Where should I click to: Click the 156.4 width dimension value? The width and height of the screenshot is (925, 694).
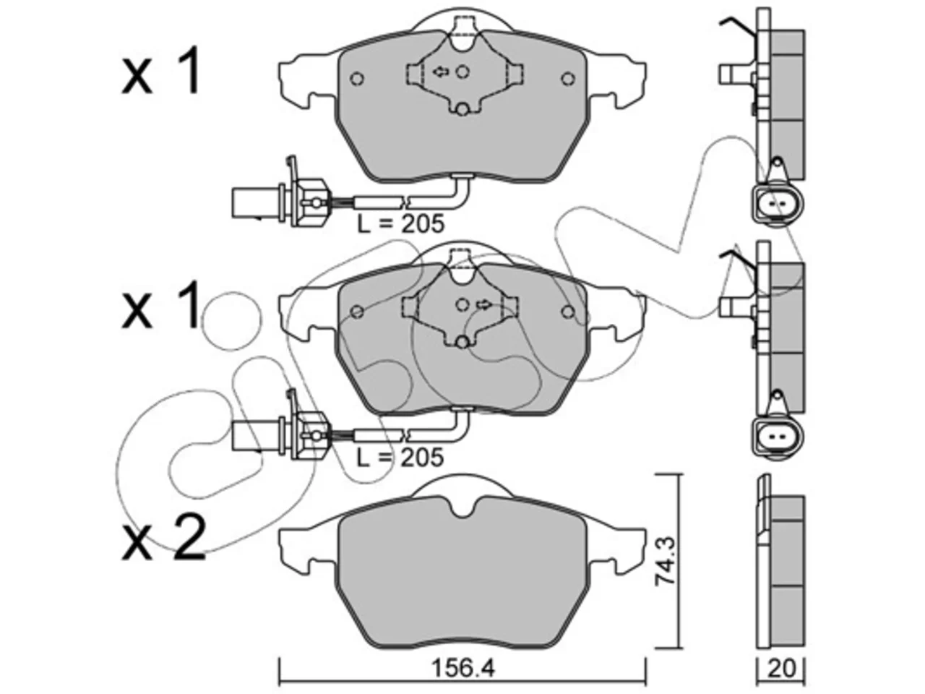[x=462, y=669]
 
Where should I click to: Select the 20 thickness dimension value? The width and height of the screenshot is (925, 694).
[x=780, y=669]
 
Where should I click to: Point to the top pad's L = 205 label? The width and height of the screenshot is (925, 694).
[x=401, y=224]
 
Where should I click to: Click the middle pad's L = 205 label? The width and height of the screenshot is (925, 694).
[x=401, y=457]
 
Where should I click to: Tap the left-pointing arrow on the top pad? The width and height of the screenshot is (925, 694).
[x=441, y=72]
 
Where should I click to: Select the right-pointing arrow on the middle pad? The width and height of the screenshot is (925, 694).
[x=483, y=304]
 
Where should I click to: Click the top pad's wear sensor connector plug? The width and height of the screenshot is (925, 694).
[x=279, y=202]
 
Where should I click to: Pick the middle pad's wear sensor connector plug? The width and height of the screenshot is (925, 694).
[x=279, y=435]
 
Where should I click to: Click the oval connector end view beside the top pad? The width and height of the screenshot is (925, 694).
[x=778, y=205]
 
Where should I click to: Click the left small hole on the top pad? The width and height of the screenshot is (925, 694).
[x=358, y=78]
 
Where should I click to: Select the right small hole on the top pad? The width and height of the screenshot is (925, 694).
[x=568, y=78]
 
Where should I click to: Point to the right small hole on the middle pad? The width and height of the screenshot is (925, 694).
[x=568, y=312]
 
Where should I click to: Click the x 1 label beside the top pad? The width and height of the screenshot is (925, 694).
[x=160, y=69]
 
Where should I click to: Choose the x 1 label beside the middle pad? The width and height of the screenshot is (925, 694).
[x=160, y=304]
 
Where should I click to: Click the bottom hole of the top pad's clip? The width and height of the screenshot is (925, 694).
[x=462, y=110]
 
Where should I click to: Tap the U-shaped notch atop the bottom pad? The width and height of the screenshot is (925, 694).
[x=462, y=507]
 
